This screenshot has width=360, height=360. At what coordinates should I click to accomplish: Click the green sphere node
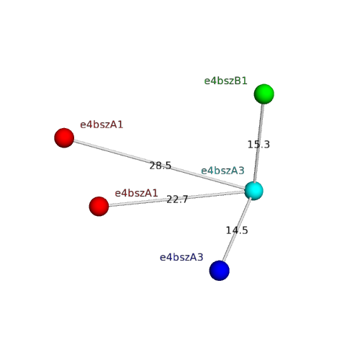[264, 94]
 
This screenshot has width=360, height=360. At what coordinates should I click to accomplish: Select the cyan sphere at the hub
[254, 191]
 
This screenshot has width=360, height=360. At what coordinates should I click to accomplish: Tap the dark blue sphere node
[220, 271]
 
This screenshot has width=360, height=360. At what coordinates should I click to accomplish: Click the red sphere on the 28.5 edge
[64, 138]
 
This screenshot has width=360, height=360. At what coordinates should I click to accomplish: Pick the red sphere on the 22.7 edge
[99, 207]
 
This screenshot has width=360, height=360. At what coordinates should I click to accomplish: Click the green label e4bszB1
[225, 81]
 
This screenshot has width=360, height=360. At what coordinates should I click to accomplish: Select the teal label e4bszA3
[222, 171]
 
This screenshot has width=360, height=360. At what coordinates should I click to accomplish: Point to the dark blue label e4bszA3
[181, 257]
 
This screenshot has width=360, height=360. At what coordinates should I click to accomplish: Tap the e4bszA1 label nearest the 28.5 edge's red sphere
[102, 125]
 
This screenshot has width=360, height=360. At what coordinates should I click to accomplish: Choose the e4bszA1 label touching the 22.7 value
[136, 193]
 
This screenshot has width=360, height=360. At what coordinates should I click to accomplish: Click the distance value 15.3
[258, 145]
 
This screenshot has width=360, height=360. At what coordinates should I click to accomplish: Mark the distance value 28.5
[161, 166]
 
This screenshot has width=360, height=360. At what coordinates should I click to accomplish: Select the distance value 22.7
[177, 199]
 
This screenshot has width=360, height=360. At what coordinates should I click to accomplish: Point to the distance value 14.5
[237, 230]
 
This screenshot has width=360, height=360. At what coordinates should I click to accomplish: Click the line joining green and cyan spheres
[259, 143]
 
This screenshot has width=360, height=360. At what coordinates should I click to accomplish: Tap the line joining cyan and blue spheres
[237, 230]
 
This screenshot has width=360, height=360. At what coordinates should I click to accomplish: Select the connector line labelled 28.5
[159, 164]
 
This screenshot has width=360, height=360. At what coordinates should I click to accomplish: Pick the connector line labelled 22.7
[176, 199]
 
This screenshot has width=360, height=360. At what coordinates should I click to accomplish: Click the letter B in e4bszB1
[237, 81]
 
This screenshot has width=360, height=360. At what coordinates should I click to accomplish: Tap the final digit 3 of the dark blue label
[200, 257]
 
